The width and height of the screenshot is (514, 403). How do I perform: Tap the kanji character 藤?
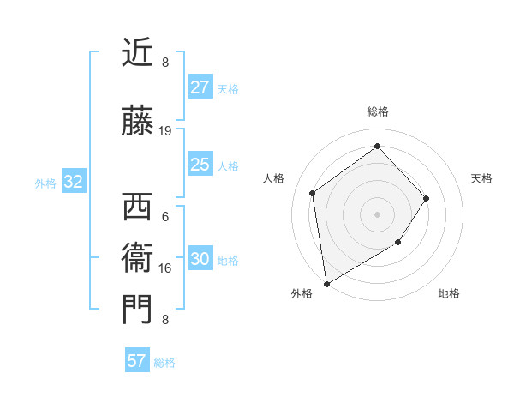137,123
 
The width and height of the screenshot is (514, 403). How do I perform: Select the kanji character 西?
137,208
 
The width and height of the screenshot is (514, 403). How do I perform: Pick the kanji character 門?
137,309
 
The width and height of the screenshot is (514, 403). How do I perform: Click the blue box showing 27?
200,87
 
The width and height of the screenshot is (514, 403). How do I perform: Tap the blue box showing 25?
200,165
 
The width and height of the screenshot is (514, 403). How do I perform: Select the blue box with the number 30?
200,259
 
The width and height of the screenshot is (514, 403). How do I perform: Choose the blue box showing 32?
74,182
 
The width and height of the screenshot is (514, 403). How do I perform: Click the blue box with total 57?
137,361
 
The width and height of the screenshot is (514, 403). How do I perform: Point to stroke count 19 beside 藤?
165,131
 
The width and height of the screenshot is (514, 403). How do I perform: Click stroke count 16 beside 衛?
165,268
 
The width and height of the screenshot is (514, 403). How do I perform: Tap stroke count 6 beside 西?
165,217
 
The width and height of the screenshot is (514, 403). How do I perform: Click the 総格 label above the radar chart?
377,111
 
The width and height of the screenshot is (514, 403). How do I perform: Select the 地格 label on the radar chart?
449,293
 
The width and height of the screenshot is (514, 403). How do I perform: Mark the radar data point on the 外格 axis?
326,283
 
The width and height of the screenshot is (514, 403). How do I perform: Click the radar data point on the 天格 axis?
427,198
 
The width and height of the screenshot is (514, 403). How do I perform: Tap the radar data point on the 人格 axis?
313,193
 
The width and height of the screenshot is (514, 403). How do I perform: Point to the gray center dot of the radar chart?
377,214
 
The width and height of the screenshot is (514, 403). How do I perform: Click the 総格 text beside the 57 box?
164,362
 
